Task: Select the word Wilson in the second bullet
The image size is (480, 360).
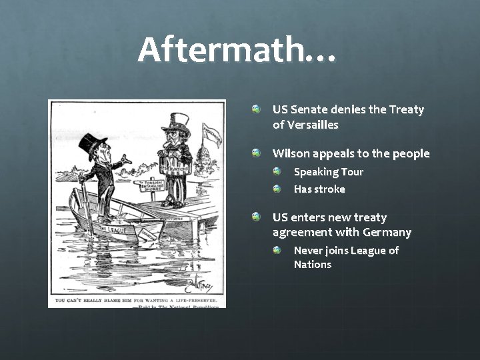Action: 291,154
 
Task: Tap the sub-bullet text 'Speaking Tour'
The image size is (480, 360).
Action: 329,172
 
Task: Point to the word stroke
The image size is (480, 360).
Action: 330,189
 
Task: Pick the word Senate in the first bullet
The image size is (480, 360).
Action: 311,109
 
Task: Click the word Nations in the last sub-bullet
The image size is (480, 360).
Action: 313,265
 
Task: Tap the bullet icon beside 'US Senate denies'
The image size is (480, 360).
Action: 257,108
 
